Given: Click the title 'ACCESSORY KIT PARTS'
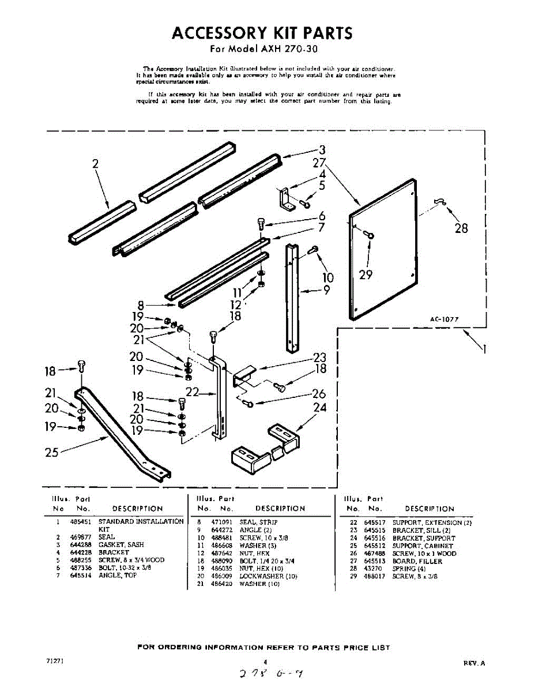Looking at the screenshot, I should (262, 33).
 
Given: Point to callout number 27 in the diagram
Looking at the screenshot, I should (320, 162).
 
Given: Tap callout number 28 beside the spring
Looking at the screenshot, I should (461, 228).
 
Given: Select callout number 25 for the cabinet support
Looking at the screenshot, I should (52, 453).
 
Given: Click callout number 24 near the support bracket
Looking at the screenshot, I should (319, 408).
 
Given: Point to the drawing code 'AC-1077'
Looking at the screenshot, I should (444, 318).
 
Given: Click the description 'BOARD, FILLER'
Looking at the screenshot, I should (417, 561).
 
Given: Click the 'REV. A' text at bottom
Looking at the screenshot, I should (474, 663).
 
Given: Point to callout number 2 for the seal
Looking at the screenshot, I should (95, 164).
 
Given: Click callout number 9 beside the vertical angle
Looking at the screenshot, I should (326, 291).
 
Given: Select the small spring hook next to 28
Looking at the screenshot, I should (440, 201).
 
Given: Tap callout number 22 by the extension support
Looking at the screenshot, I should (193, 392).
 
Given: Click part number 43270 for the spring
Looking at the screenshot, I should (373, 569).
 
